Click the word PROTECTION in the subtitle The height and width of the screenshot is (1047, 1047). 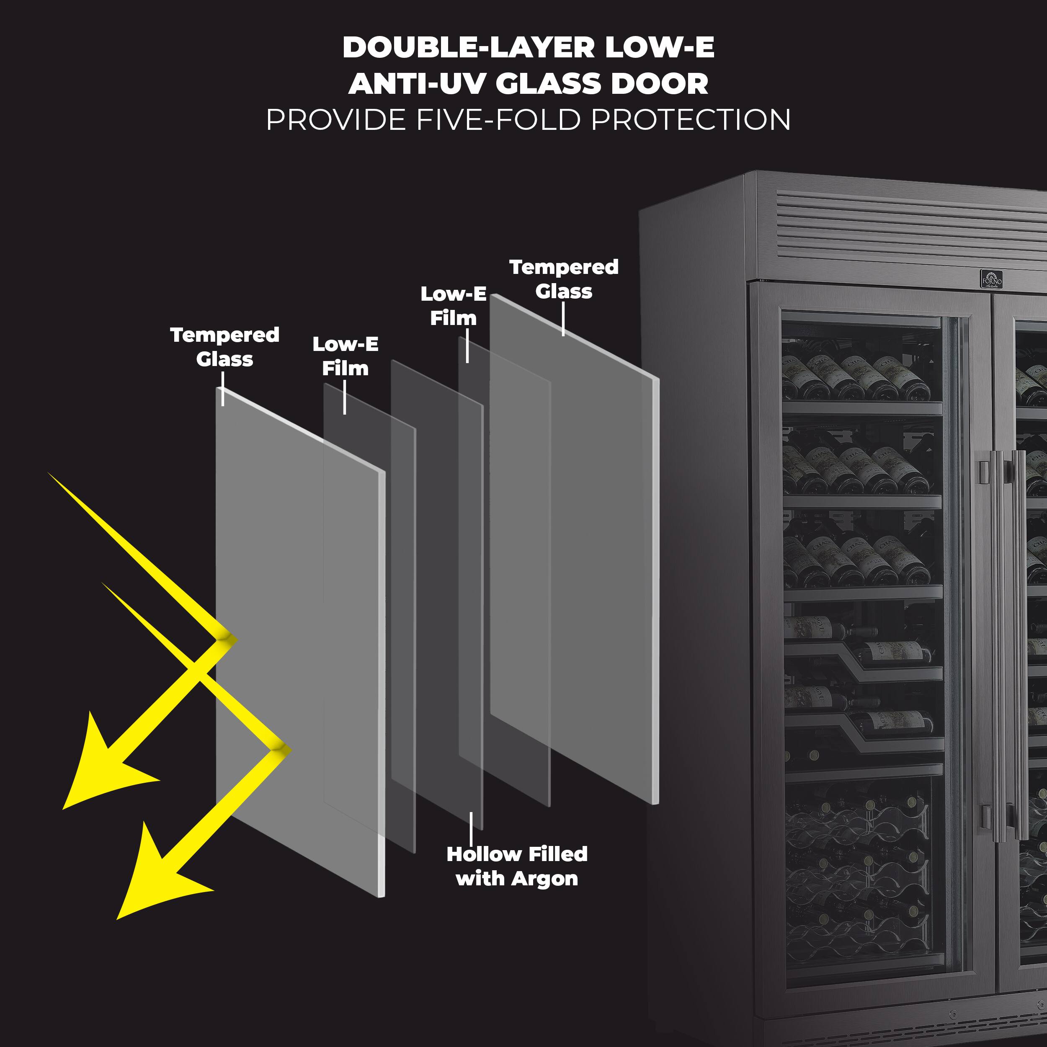(691, 120)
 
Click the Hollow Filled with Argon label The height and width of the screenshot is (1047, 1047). (516, 866)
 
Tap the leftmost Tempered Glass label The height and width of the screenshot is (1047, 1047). (224, 347)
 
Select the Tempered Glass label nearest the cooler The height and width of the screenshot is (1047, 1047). (564, 279)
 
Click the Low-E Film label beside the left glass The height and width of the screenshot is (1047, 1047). (345, 356)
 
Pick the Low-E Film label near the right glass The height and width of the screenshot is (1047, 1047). (454, 306)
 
